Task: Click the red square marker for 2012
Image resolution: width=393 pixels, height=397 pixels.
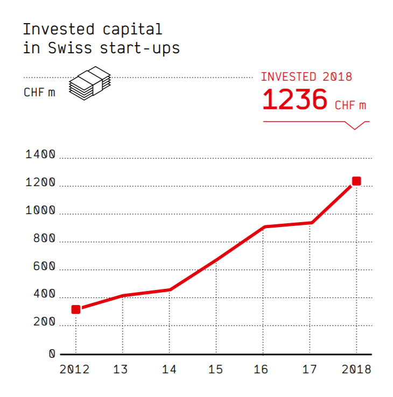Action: pos(76,309)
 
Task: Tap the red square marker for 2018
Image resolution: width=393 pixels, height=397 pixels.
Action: pos(356,181)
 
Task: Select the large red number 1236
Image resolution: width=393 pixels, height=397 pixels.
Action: pos(294,100)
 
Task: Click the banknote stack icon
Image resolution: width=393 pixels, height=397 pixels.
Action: pos(89,83)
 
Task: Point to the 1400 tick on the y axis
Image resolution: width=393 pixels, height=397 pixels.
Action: pos(41,155)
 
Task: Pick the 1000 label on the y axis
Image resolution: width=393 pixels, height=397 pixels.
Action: pos(41,210)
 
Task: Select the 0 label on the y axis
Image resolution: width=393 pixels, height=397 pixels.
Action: pos(52,353)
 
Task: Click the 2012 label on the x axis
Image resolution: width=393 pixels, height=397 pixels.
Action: pos(74,370)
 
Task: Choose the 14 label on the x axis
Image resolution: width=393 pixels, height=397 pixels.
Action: pos(169,370)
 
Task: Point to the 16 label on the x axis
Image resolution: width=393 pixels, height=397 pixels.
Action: pos(263,370)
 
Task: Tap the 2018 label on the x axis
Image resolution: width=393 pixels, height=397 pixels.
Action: pos(356,370)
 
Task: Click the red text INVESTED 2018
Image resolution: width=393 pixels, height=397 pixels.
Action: pos(306,76)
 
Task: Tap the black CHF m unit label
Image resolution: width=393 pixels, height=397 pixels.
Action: pos(39,92)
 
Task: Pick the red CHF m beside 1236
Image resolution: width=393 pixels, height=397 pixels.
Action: pos(350,105)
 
